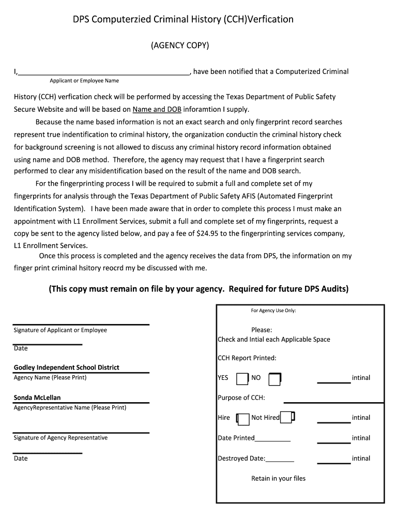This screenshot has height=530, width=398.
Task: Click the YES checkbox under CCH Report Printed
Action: point(242,379)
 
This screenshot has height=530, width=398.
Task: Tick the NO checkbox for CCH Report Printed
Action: point(274,379)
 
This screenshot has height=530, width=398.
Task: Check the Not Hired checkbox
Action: point(287,417)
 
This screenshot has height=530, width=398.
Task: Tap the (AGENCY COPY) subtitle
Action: point(180,46)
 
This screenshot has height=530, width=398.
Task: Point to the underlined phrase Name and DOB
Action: point(157,109)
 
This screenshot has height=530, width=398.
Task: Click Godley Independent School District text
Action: point(66,367)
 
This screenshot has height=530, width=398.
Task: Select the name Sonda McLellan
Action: point(37,397)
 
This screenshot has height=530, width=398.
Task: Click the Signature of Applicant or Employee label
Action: point(60,330)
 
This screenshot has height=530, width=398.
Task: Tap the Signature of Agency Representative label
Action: point(60,438)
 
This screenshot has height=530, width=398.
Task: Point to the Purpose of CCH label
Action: point(241,397)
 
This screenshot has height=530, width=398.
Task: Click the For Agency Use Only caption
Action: point(273,311)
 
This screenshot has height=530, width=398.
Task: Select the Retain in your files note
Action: point(278,479)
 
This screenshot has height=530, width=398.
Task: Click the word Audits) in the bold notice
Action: point(334,289)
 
